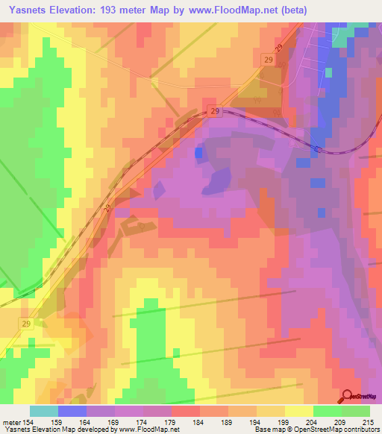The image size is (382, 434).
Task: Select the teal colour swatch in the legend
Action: click(44, 411)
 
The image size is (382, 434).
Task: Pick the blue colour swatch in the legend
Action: click(72, 411)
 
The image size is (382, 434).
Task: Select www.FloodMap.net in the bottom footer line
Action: click(146, 429)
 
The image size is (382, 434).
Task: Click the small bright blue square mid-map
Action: click(198, 153)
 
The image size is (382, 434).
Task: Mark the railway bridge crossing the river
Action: click(319, 148)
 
